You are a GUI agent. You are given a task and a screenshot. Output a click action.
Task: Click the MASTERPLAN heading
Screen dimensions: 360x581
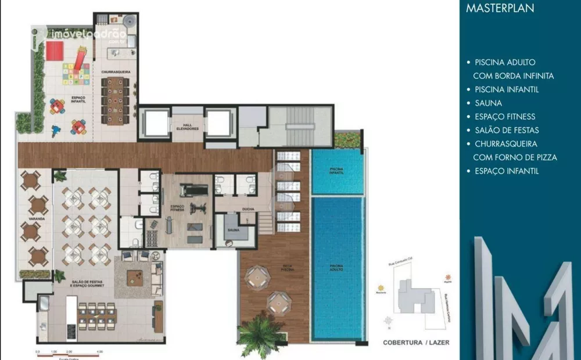tap(501, 9)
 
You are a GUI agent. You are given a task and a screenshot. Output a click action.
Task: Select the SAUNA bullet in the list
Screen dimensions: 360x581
tap(488, 103)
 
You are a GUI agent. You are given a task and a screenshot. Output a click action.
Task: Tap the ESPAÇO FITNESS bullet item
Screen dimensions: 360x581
tap(504, 117)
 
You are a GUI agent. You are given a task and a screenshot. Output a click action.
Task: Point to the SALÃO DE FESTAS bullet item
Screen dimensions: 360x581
tap(507, 130)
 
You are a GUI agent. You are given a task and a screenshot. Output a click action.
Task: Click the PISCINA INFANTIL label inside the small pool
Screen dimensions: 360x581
tap(336, 170)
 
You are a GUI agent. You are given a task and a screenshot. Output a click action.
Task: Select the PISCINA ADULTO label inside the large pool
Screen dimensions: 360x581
tap(336, 268)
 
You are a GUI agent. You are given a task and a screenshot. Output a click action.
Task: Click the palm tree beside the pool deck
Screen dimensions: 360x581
tap(260, 335)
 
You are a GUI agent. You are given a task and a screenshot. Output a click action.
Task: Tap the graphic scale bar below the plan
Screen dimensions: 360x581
tap(70, 352)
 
